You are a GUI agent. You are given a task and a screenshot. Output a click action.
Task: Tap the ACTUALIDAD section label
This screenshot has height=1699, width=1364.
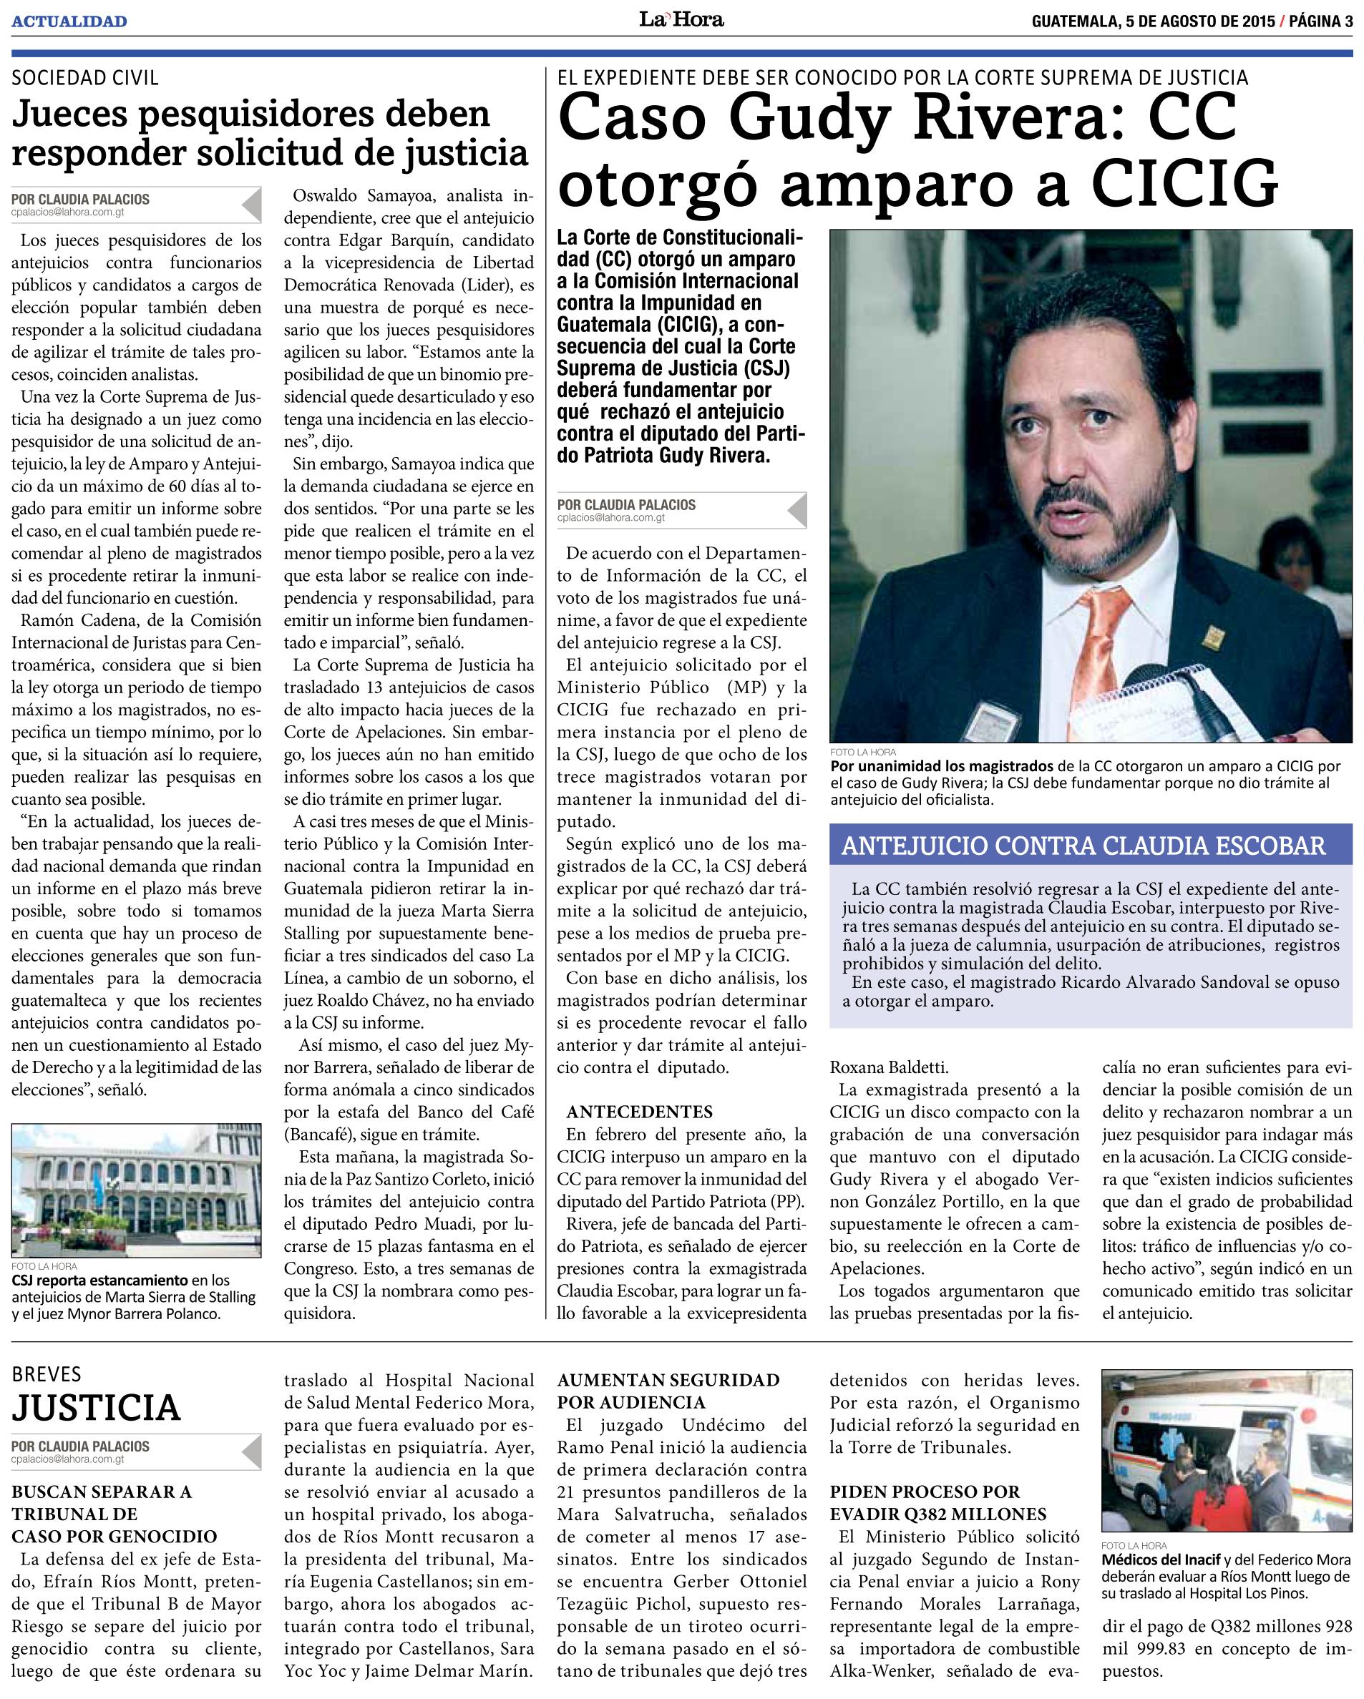click(x=69, y=21)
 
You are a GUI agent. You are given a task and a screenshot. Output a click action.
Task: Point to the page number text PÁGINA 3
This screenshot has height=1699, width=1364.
click(x=1319, y=21)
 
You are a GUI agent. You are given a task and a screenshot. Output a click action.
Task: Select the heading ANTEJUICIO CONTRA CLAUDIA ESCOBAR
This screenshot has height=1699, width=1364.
click(x=1083, y=846)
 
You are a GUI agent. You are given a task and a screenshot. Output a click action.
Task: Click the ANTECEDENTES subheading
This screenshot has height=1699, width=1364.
click(x=640, y=1112)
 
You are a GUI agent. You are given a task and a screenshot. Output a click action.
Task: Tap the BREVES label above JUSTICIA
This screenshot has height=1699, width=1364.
click(x=47, y=1374)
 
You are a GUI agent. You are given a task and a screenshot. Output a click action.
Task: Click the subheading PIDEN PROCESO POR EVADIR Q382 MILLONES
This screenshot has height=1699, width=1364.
click(x=938, y=1503)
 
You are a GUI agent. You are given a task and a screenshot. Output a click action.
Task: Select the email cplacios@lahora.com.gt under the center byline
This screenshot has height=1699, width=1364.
click(x=610, y=519)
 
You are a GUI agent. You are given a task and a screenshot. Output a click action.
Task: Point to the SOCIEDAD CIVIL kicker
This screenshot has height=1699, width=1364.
click(x=84, y=77)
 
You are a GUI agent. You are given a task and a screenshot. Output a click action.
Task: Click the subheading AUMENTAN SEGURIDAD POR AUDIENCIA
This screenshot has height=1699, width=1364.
click(x=668, y=1391)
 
